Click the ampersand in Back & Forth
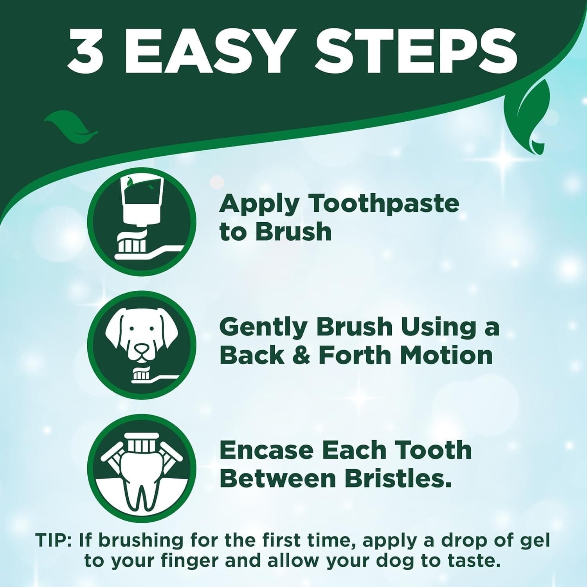click(x=301, y=355)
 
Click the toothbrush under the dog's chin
click(x=155, y=377)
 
